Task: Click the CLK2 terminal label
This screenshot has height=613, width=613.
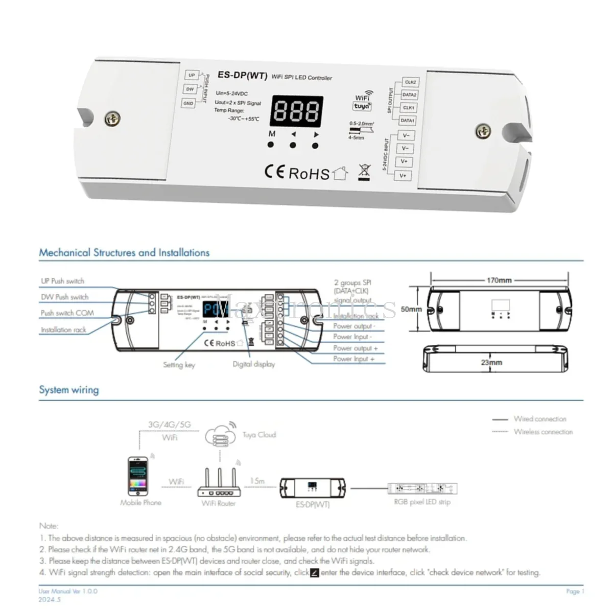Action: pos(410,82)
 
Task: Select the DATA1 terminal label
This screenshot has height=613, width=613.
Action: pos(407,121)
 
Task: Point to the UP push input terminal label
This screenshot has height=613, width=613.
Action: pos(192,76)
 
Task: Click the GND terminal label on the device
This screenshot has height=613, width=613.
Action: pos(188,103)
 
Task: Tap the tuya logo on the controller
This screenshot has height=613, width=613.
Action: pos(362,107)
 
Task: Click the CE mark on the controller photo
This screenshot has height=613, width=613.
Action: pos(274,171)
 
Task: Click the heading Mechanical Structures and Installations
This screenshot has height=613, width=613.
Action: pos(124,252)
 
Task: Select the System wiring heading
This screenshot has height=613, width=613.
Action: pos(69,390)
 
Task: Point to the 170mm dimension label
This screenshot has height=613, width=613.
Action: pos(499,280)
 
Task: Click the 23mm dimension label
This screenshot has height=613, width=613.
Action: pos(491,363)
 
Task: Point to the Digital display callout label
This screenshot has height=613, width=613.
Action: pos(253,364)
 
